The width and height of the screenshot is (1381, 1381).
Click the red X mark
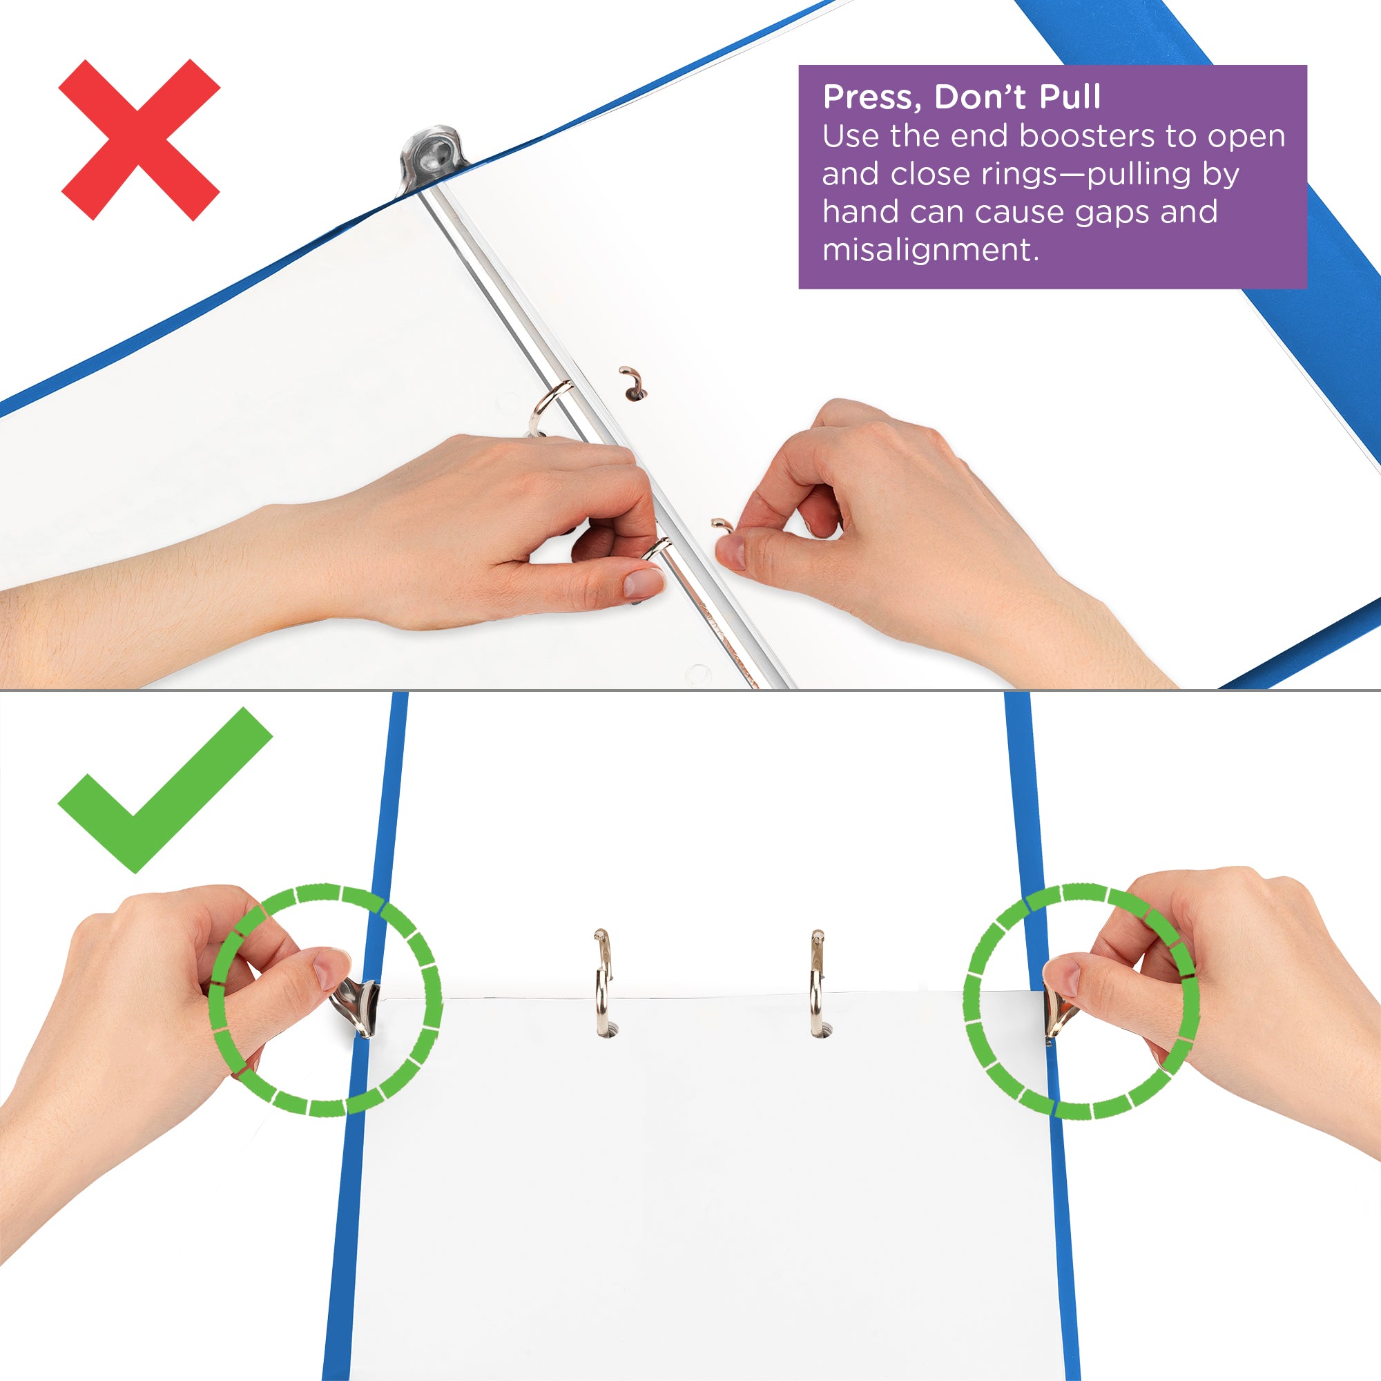click(139, 140)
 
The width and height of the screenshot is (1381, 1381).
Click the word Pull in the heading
click(1070, 97)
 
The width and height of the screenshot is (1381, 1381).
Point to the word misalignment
click(930, 250)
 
